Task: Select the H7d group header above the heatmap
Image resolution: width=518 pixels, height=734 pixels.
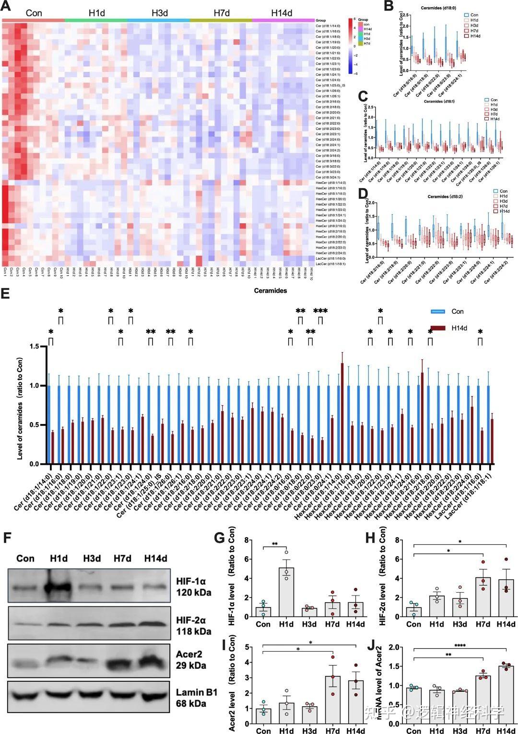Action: [x=221, y=13]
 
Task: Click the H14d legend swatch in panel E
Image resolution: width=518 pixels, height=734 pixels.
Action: [x=438, y=328]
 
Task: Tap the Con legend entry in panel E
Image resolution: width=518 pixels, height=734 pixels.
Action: [x=458, y=311]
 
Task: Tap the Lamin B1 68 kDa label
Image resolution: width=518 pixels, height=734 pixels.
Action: [x=196, y=698]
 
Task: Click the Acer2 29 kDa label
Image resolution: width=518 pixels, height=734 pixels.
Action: [x=191, y=659]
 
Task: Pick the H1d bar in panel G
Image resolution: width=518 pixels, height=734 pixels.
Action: [x=286, y=592]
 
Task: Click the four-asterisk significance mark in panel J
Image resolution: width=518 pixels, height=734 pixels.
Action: [x=460, y=645]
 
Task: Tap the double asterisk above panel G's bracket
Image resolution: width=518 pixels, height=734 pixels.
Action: [x=275, y=544]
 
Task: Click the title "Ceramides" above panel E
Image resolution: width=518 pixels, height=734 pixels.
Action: [x=271, y=290]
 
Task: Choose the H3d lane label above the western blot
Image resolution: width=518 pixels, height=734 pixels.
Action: [x=92, y=559]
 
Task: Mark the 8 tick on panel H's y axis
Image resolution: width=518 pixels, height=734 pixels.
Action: [x=398, y=540]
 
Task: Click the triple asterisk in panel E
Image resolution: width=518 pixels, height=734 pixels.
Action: [x=320, y=311]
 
